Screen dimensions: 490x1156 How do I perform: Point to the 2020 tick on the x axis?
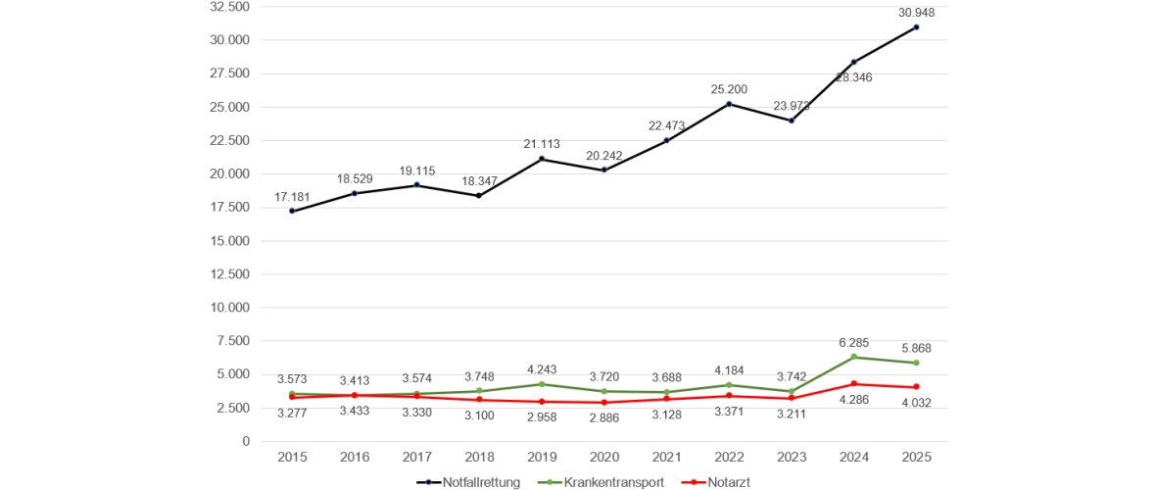point(605,457)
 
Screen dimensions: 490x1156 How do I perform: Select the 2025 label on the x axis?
point(916,457)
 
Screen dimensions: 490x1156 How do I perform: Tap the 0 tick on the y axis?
point(246,441)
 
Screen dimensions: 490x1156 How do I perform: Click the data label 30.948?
point(916,12)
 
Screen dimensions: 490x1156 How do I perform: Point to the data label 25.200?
point(730,89)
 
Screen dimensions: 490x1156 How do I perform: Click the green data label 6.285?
point(853,341)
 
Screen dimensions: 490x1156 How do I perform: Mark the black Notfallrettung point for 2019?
point(543,159)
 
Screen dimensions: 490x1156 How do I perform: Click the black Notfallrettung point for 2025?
point(916,27)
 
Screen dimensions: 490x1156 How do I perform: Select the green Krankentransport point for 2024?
point(853,357)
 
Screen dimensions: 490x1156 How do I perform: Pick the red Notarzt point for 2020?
point(605,403)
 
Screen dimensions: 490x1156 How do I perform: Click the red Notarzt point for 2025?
point(916,387)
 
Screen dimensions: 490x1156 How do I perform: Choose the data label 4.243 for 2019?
point(543,369)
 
